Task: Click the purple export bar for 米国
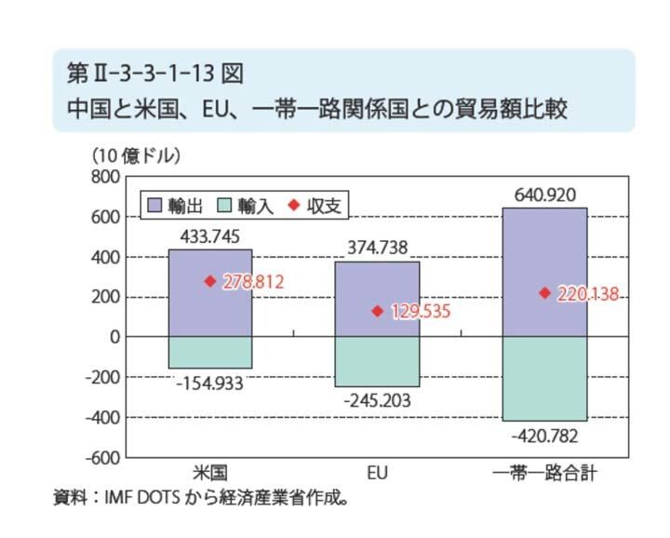(x=210, y=292)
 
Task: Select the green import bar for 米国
(x=210, y=352)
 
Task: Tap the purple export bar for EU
(x=377, y=299)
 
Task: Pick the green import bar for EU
(x=377, y=361)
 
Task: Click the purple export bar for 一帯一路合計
(x=544, y=272)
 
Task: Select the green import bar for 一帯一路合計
(x=544, y=379)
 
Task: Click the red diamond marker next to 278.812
(x=210, y=280)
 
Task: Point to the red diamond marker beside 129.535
(x=378, y=311)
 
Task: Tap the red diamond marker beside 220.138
(x=544, y=293)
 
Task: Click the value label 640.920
(x=544, y=195)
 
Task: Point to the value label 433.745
(x=210, y=236)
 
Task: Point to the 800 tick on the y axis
(x=105, y=177)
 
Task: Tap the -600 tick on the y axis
(x=101, y=458)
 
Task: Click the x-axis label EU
(x=377, y=474)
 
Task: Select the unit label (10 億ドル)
(x=136, y=155)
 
